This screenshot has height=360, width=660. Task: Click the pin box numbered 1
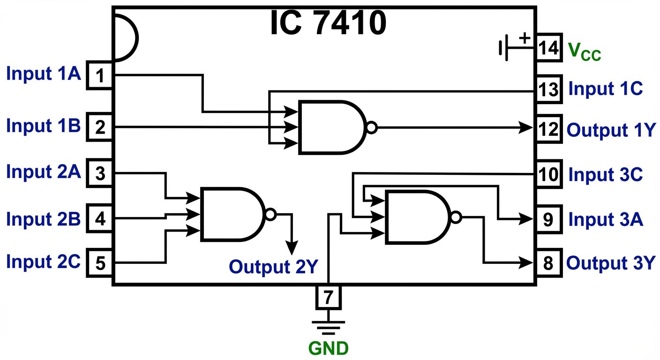(99, 75)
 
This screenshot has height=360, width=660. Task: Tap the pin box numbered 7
(329, 296)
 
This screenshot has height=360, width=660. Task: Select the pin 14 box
(548, 47)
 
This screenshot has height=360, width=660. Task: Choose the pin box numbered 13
(548, 89)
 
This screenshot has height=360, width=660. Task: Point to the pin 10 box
(548, 174)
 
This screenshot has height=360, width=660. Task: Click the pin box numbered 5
(99, 263)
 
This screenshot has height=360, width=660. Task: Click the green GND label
(329, 348)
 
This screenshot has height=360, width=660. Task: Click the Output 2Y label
(273, 266)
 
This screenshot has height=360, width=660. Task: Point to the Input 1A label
(44, 74)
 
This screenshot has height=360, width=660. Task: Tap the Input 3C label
(605, 175)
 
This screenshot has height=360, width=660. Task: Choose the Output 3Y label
(610, 263)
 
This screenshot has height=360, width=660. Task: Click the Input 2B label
(44, 218)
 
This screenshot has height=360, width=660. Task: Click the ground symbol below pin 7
(329, 326)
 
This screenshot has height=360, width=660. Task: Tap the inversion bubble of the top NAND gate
(371, 127)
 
